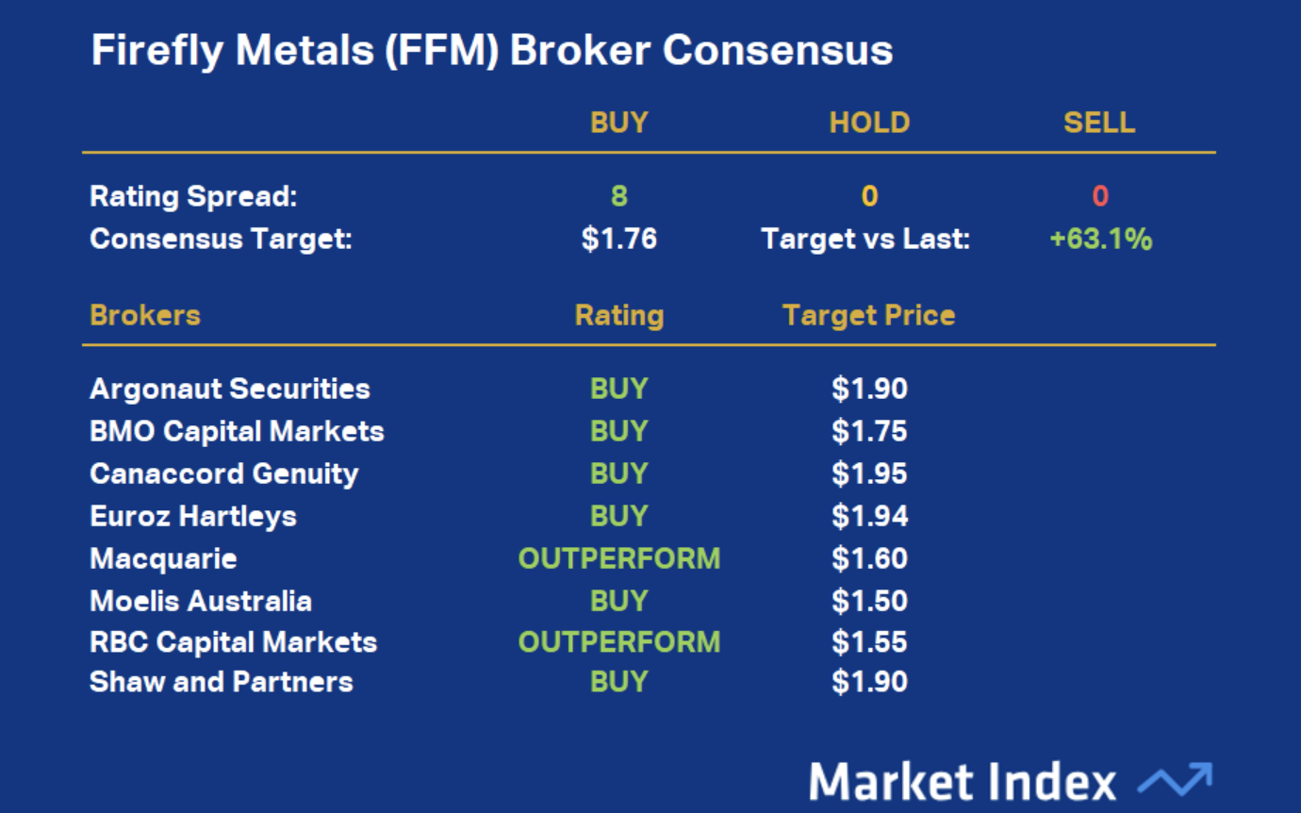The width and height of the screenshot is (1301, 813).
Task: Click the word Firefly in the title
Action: click(x=157, y=51)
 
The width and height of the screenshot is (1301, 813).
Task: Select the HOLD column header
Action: click(x=869, y=123)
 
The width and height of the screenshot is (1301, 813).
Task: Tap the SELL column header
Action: click(x=1099, y=123)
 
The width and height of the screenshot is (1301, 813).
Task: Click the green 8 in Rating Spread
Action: click(x=619, y=196)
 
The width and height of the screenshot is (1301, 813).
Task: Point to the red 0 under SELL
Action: click(x=1100, y=196)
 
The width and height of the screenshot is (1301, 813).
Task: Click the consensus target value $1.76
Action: click(x=619, y=239)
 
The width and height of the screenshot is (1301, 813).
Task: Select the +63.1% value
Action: click(x=1100, y=239)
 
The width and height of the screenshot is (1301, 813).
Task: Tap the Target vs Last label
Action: click(x=865, y=239)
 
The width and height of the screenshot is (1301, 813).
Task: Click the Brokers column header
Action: click(x=145, y=315)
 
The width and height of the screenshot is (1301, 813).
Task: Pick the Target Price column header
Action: click(x=869, y=316)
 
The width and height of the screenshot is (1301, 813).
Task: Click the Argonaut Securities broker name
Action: click(x=230, y=389)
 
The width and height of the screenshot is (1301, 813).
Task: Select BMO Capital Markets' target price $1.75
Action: click(x=869, y=431)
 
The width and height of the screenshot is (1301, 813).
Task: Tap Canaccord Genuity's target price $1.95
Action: click(x=869, y=473)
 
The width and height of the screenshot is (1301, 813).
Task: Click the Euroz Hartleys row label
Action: click(x=193, y=516)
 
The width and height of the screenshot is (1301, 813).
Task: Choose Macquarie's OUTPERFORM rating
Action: click(x=619, y=558)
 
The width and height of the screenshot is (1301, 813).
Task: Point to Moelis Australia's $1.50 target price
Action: click(x=869, y=601)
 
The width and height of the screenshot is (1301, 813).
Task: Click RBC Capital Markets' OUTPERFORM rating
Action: click(x=619, y=642)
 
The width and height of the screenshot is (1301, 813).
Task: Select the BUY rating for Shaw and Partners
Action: click(x=619, y=682)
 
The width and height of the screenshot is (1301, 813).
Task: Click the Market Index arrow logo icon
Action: click(x=1175, y=779)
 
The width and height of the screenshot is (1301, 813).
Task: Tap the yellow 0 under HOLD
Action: click(x=869, y=196)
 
